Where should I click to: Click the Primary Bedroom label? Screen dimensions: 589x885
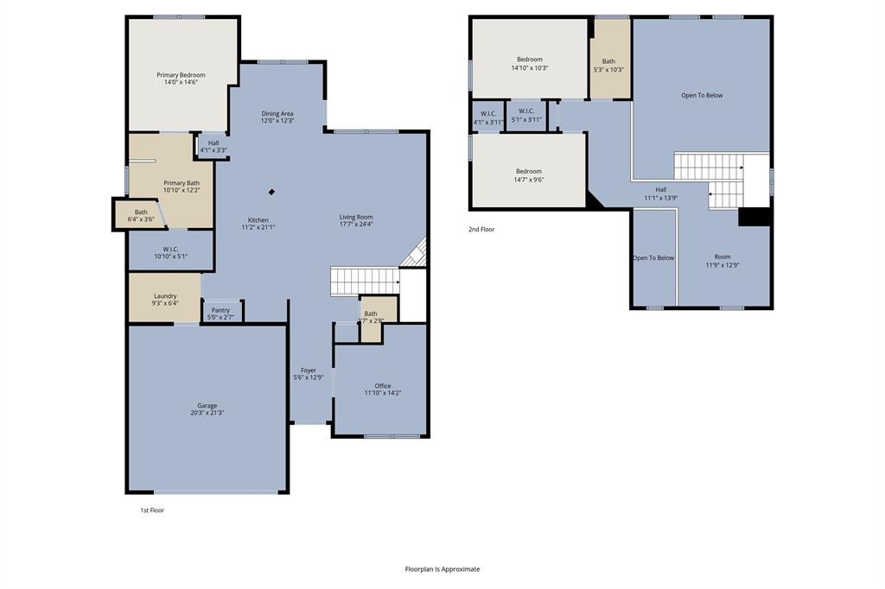pyautogui.click(x=181, y=75)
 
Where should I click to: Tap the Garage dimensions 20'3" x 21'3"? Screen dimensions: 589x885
pyautogui.click(x=207, y=413)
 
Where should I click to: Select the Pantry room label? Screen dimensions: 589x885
pyautogui.click(x=220, y=310)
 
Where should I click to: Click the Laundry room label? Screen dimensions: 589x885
pyautogui.click(x=165, y=296)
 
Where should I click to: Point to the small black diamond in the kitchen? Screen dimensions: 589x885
pyautogui.click(x=271, y=193)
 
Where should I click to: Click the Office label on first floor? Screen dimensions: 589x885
pyautogui.click(x=382, y=386)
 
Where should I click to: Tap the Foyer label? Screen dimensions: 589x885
pyautogui.click(x=308, y=370)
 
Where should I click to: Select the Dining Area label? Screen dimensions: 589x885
pyautogui.click(x=277, y=113)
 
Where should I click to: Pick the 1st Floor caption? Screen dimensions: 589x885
pyautogui.click(x=152, y=510)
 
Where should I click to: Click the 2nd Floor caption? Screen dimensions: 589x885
pyautogui.click(x=482, y=230)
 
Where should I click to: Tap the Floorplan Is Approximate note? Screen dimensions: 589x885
pyautogui.click(x=442, y=569)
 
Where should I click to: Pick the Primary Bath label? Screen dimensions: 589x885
pyautogui.click(x=181, y=182)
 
